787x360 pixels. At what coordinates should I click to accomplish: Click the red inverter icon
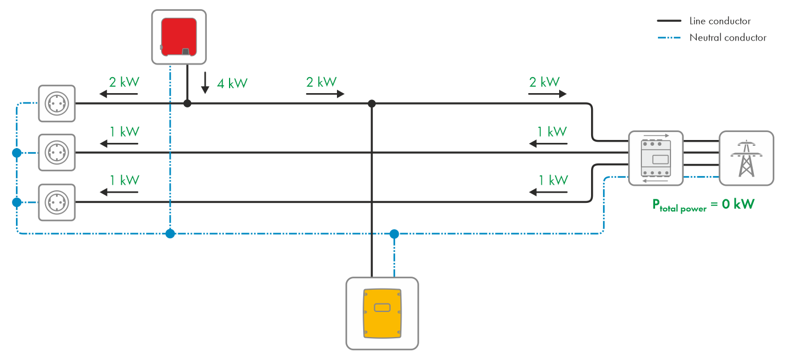[179, 37]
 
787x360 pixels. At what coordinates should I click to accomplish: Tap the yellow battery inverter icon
[382, 313]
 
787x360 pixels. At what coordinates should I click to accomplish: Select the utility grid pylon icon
[746, 158]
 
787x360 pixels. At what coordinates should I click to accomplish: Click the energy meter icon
[655, 158]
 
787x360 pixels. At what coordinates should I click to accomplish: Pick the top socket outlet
[57, 103]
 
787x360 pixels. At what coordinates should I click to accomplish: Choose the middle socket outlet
[57, 153]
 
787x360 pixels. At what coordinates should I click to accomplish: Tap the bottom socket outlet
[57, 202]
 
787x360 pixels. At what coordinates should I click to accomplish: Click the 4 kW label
[232, 83]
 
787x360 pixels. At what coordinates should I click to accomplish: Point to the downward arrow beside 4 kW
[205, 83]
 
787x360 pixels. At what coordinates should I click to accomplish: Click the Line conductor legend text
[720, 21]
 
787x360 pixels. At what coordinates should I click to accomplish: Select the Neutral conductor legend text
[727, 38]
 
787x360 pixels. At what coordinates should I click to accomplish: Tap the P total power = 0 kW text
[703, 205]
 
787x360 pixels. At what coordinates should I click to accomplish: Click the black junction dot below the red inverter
[187, 103]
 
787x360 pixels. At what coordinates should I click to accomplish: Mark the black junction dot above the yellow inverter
[372, 103]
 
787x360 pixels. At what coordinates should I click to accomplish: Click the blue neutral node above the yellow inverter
[394, 233]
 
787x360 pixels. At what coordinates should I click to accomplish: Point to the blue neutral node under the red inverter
[170, 233]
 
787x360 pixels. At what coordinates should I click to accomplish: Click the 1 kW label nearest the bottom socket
[125, 180]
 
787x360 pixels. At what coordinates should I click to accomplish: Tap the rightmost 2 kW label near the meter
[544, 82]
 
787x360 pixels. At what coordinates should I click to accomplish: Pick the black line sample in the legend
[669, 21]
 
